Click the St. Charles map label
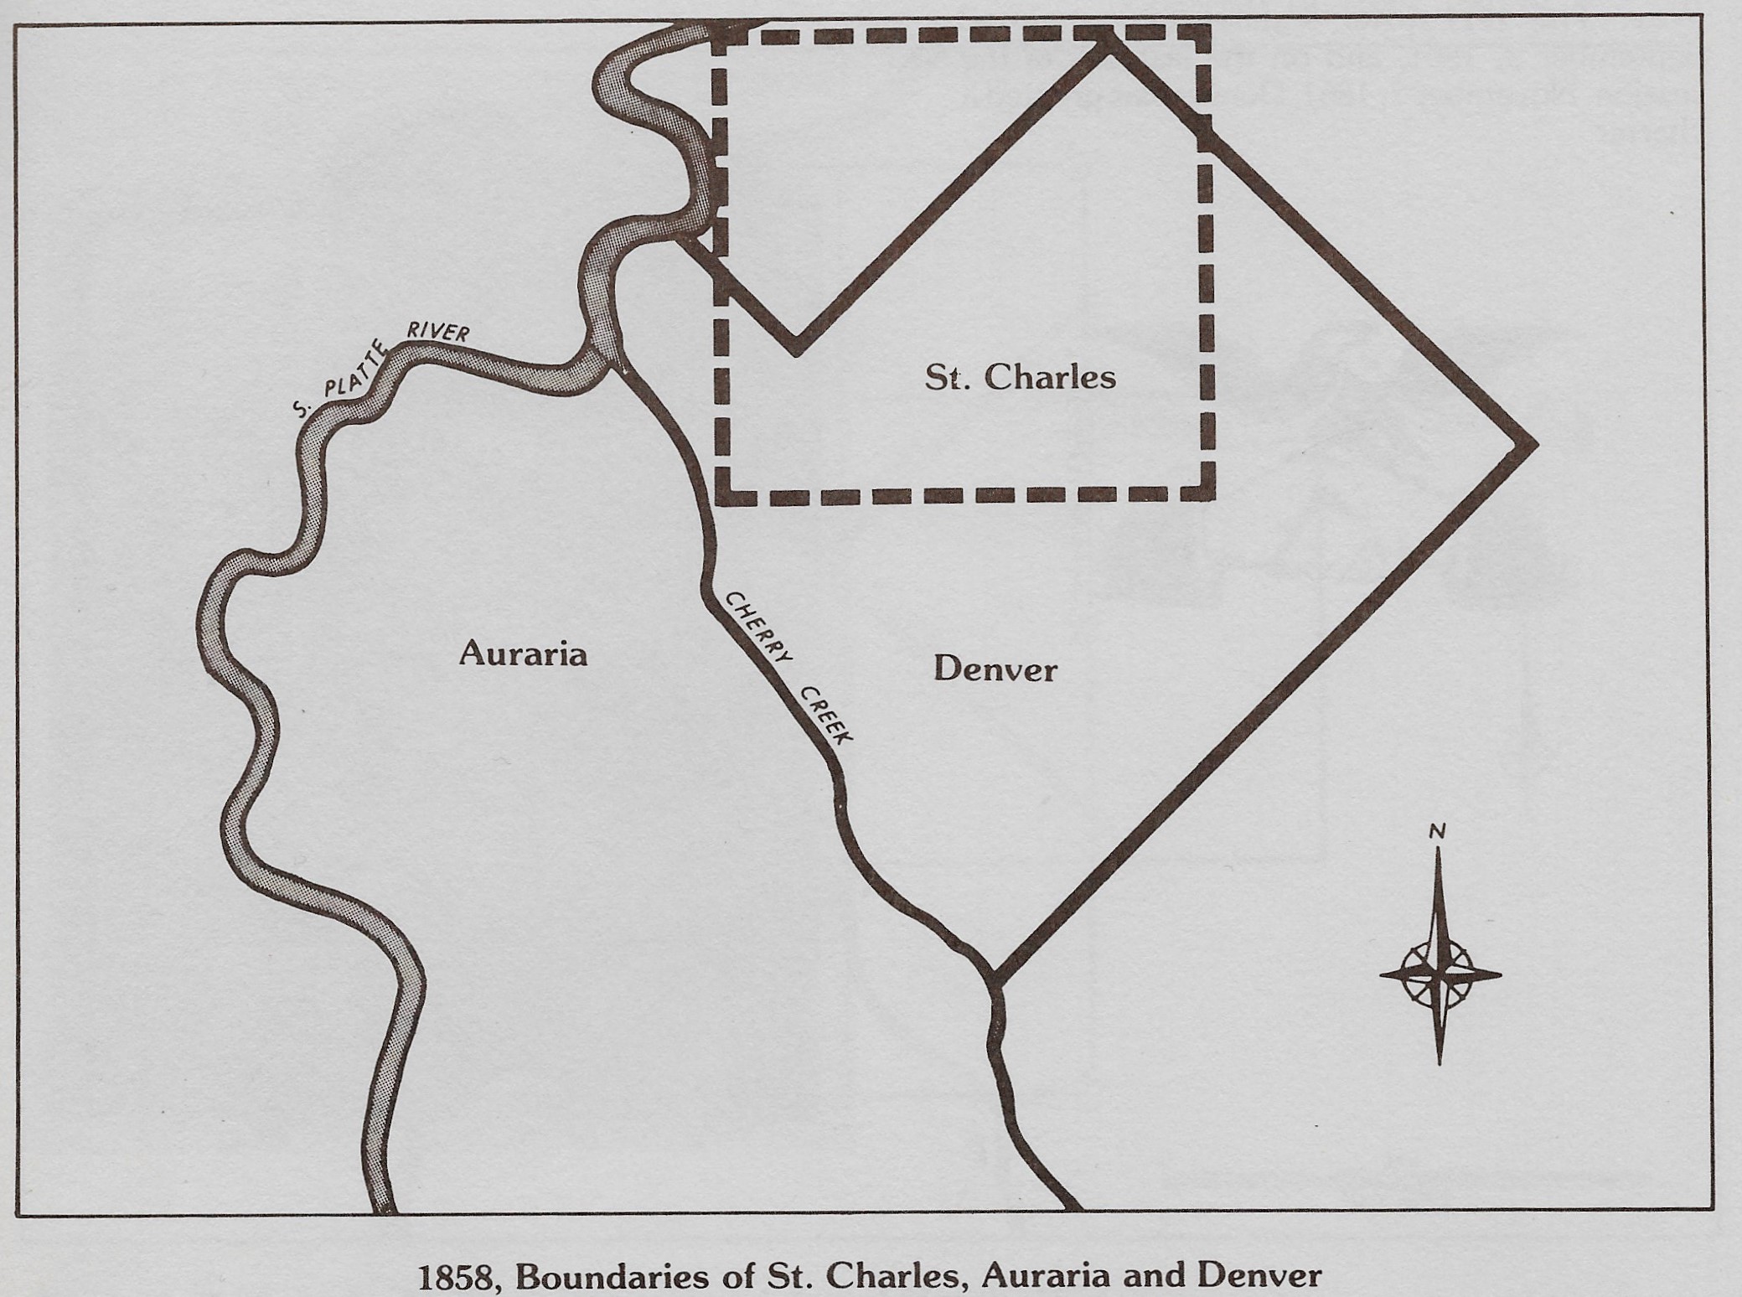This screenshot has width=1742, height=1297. [1020, 378]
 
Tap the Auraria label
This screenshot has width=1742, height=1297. [523, 654]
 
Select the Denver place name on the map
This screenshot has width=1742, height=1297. [995, 670]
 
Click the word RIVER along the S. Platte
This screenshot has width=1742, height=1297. [437, 331]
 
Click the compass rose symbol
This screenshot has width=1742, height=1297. [1439, 974]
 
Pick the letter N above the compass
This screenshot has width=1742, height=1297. [1437, 832]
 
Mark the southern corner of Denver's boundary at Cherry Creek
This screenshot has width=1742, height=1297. [996, 977]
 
